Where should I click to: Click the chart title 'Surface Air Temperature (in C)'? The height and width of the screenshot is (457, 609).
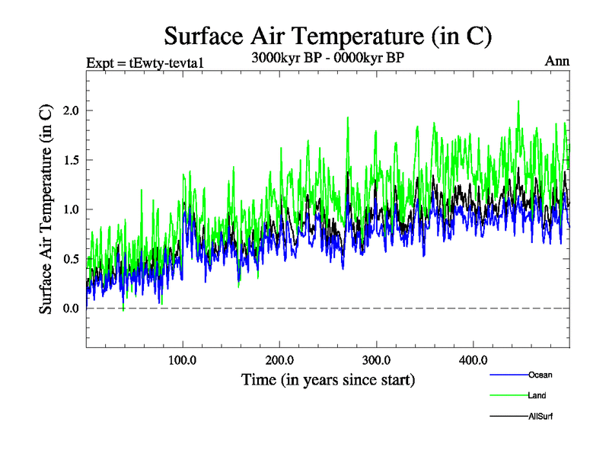[x=328, y=35]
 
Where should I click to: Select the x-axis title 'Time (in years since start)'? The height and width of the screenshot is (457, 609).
[x=328, y=379]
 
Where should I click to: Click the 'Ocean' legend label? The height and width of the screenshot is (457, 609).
[x=540, y=375]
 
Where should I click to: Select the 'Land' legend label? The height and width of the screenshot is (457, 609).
[x=537, y=396]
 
